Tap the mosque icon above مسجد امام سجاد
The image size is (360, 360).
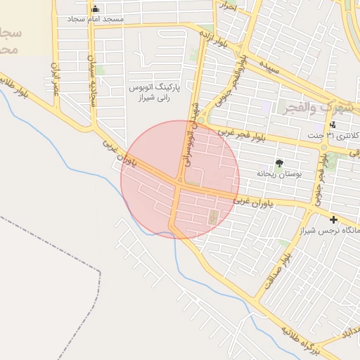click(96, 8)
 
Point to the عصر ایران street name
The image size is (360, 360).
click(54, 78)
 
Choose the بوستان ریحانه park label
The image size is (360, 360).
click(278, 173)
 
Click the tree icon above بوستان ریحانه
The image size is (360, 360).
click(280, 162)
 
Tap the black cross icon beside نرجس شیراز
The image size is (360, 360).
click(333, 219)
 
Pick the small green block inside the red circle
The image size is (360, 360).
click(213, 216)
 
